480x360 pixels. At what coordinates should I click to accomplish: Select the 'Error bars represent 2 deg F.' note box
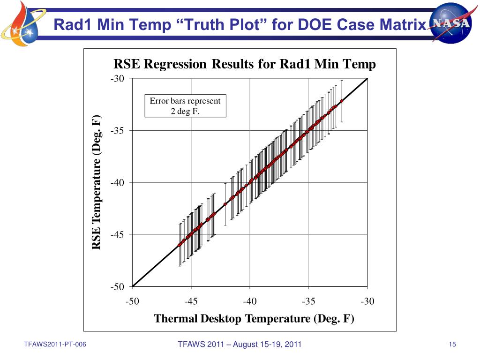(x=185, y=106)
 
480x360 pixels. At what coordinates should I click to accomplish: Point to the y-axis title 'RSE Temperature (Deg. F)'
(x=96, y=182)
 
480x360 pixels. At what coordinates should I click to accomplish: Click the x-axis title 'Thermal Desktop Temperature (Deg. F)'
(x=254, y=319)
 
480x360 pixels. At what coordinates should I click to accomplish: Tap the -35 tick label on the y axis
(x=118, y=131)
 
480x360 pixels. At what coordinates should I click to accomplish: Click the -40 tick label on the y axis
(x=118, y=183)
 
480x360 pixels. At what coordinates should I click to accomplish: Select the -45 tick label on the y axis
(x=118, y=235)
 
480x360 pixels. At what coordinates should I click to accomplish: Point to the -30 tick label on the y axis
(x=118, y=79)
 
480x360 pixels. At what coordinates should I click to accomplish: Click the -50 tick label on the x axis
(x=133, y=301)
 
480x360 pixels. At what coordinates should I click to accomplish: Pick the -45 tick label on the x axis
(x=191, y=301)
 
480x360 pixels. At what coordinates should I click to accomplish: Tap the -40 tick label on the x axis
(x=250, y=301)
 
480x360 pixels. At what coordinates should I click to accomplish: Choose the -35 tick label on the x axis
(x=308, y=301)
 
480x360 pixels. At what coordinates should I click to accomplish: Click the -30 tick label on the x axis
(x=367, y=301)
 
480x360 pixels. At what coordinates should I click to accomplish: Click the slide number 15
(x=452, y=345)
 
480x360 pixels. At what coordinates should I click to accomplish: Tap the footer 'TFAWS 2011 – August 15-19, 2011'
(x=240, y=345)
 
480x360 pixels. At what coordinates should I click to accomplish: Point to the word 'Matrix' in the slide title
(x=405, y=24)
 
